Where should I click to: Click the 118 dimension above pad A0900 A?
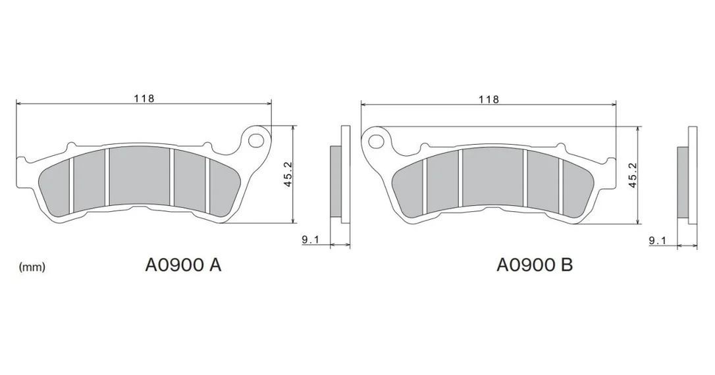[x=144, y=98]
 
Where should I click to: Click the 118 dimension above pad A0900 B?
[x=489, y=99]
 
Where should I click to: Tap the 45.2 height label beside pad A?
[x=288, y=174]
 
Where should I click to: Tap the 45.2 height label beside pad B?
[x=632, y=175]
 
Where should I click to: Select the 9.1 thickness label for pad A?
[x=310, y=239]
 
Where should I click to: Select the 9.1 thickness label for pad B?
[x=658, y=241]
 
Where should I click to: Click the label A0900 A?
[x=183, y=264]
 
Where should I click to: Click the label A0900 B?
[x=535, y=264]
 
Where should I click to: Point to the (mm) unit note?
[x=32, y=267]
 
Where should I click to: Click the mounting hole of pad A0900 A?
[x=257, y=138]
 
